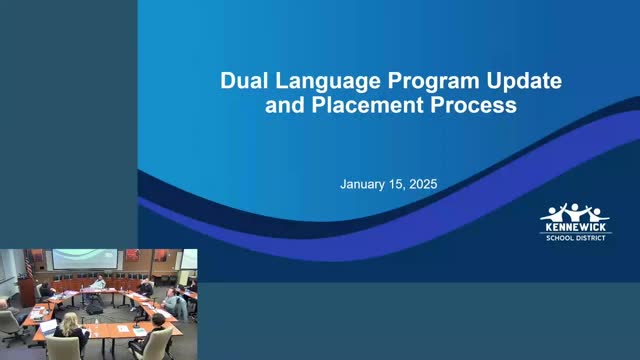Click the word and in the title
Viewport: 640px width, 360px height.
[x=285, y=105]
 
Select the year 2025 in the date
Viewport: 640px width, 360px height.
[x=423, y=184]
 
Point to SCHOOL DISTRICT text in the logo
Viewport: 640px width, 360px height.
[x=576, y=238]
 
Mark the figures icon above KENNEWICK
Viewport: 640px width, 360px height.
[x=575, y=212]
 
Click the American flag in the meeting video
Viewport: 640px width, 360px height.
[x=29, y=263]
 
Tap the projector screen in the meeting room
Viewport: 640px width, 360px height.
[x=85, y=259]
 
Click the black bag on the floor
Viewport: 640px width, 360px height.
[x=94, y=309]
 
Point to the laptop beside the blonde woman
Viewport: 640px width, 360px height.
[x=48, y=327]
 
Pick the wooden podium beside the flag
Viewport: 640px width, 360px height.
[x=26, y=291]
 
